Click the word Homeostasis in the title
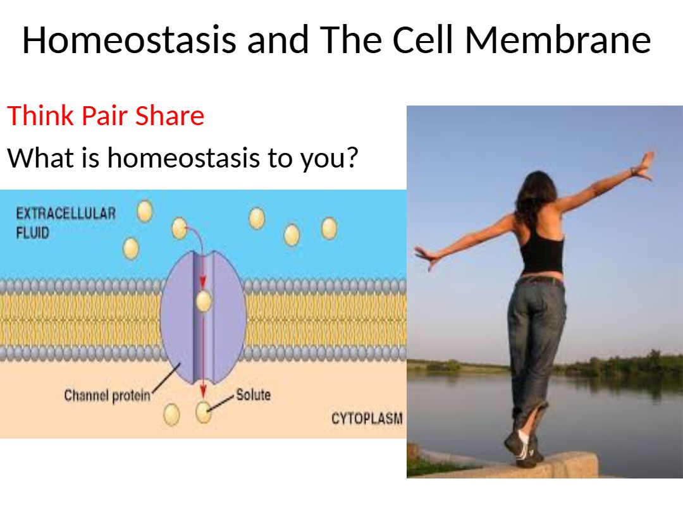pos(129,40)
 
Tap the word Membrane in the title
pos(558,40)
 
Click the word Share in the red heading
pos(170,116)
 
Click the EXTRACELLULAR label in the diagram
pos(66,214)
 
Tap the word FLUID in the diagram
pos(33,233)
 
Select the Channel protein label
pos(107,396)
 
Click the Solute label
pos(253,395)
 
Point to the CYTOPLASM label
pos(367,418)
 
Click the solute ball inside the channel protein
pos(204,301)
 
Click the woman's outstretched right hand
pos(644,166)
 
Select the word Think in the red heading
pos(40,116)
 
